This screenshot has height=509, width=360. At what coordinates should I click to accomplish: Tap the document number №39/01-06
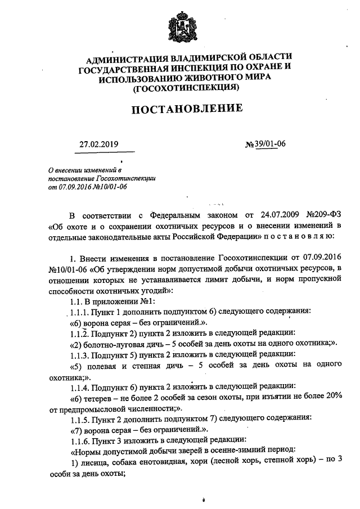pyautogui.click(x=265, y=144)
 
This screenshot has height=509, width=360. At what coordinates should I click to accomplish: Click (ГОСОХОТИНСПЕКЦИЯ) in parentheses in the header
pyautogui.click(x=186, y=88)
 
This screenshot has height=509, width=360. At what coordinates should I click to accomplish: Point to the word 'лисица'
pyautogui.click(x=93, y=462)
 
